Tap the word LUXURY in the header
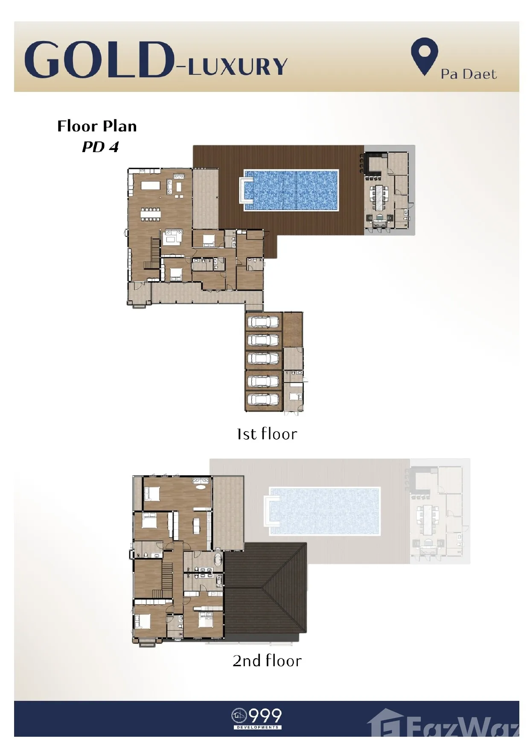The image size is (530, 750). click(x=238, y=67)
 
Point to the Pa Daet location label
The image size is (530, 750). click(x=469, y=74)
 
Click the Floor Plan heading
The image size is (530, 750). click(x=97, y=126)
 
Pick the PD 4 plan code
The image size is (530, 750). click(x=100, y=147)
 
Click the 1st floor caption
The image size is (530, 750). click(x=267, y=434)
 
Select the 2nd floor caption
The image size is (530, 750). click(x=267, y=661)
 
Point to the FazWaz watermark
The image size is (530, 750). click(x=444, y=724)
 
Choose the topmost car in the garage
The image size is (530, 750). click(x=263, y=322)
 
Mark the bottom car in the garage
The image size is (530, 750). click(x=263, y=400)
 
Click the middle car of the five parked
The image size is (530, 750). click(x=263, y=360)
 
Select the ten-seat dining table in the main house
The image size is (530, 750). click(x=151, y=215)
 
